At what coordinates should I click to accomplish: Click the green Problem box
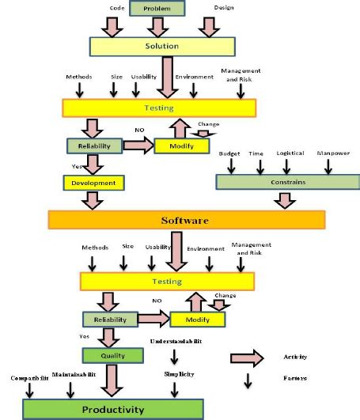point(157,9)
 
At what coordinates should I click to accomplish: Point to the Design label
point(225,9)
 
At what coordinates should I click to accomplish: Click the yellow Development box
point(94,183)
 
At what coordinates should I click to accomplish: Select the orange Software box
point(185,219)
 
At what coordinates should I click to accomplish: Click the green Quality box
point(112,356)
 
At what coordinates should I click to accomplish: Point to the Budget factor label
point(230,153)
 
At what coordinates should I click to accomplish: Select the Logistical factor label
point(290,153)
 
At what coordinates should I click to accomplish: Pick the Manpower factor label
point(333,153)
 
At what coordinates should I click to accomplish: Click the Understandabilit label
point(176,341)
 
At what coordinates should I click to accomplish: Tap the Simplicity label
point(180,373)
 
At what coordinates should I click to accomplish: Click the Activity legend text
point(295,357)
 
